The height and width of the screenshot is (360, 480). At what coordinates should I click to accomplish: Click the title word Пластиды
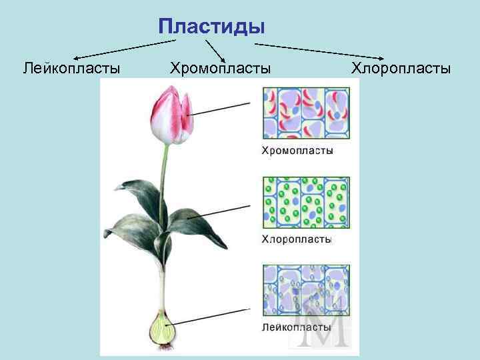(x=212, y=27)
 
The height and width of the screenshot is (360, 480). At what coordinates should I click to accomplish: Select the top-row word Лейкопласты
(x=71, y=68)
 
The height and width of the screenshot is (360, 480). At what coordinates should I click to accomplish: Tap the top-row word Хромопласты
(x=221, y=68)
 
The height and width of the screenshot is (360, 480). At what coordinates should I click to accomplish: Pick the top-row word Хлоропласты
(x=401, y=68)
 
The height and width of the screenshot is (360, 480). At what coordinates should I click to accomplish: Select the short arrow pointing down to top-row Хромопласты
(x=215, y=50)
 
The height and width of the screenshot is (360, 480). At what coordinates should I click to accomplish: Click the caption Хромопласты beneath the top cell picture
(x=296, y=151)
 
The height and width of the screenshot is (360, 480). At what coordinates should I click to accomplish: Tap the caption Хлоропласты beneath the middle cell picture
(x=296, y=239)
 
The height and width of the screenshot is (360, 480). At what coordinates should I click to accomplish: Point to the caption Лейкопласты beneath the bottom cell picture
(x=296, y=327)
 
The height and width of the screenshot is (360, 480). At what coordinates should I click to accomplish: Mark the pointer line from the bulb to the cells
(x=213, y=315)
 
